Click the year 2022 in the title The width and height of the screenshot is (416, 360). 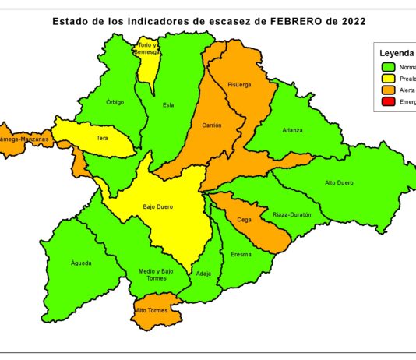click(347, 21)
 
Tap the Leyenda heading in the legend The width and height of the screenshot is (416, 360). click(397, 54)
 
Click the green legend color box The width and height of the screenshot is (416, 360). click(387, 67)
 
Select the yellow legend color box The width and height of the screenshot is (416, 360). click(387, 79)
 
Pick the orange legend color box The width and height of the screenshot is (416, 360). click(387, 90)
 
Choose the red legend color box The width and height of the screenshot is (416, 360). click(387, 102)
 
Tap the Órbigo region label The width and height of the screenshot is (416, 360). click(115, 102)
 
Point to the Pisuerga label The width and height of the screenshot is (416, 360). click(240, 85)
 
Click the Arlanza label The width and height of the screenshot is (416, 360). click(293, 130)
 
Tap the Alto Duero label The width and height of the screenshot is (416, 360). click(339, 182)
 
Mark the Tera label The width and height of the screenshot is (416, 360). click(102, 138)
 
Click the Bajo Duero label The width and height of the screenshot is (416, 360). click(157, 207)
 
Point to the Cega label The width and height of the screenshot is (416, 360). click(244, 220)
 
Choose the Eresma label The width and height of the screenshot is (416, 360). click(241, 255)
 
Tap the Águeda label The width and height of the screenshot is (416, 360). click(81, 263)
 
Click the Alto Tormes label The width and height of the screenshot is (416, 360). click(151, 310)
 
